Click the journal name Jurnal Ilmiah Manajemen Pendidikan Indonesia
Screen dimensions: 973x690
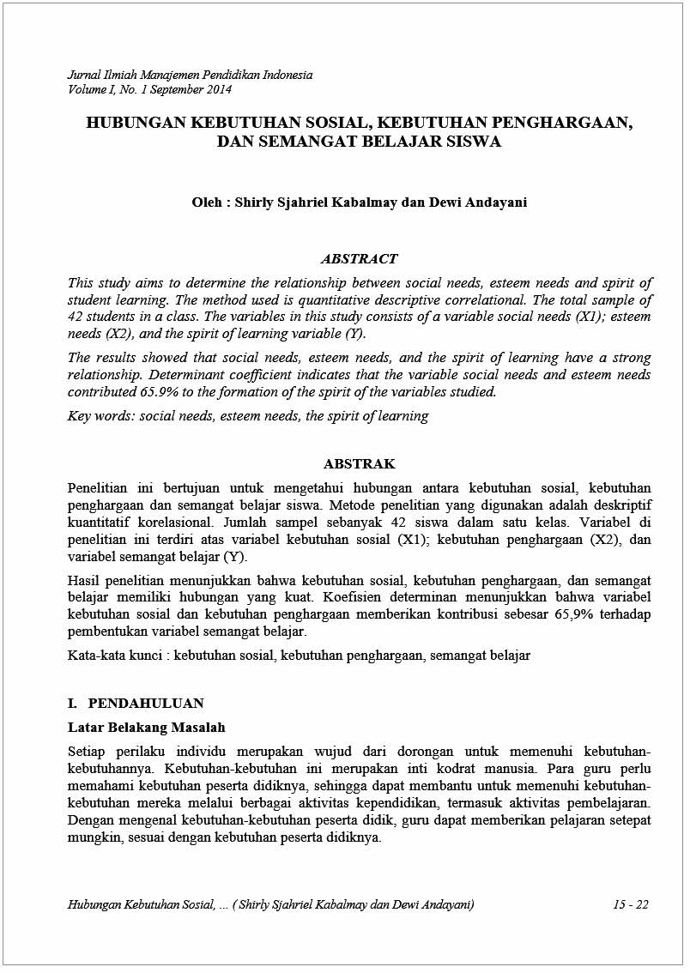(190, 75)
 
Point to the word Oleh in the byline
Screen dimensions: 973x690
(207, 202)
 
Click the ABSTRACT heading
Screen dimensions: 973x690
(359, 258)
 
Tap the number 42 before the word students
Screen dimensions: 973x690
(76, 317)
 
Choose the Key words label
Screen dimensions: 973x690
(100, 416)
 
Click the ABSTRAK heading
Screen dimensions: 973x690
(359, 464)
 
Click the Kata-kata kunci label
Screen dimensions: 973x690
(116, 656)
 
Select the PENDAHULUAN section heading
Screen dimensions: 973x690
(146, 704)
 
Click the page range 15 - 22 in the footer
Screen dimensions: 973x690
(631, 905)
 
